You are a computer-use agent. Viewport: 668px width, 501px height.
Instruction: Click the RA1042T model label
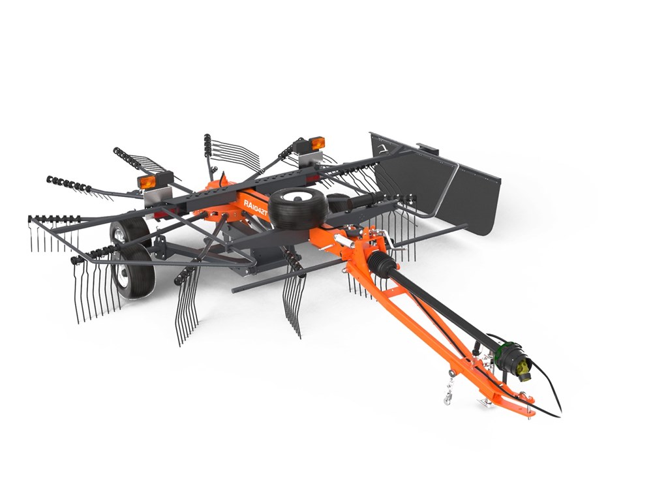click(x=255, y=207)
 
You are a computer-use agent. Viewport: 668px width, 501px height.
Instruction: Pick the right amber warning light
click(x=316, y=144)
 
